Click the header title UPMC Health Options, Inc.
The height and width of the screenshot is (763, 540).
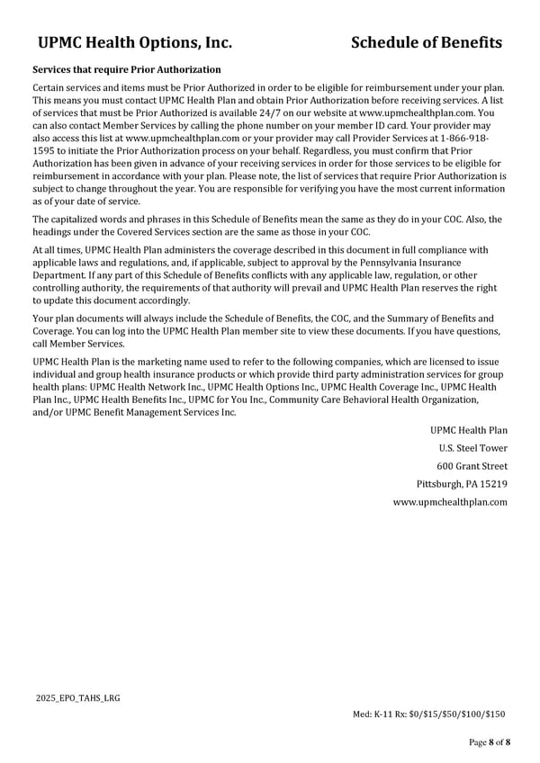(135, 42)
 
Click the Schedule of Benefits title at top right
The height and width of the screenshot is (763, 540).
(427, 42)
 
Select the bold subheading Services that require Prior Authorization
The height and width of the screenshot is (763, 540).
(126, 69)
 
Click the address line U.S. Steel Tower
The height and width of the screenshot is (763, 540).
(472, 448)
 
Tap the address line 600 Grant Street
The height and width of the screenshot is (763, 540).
(472, 466)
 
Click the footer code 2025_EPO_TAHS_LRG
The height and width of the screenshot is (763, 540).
(78, 697)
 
